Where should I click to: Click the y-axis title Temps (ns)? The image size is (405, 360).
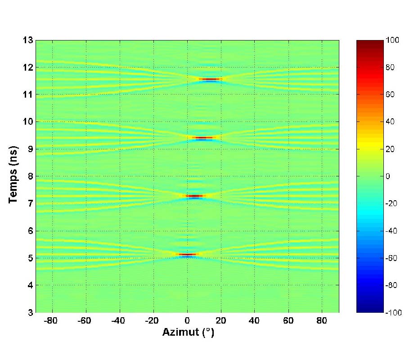tap(13, 176)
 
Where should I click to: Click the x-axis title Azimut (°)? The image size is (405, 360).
tap(187, 333)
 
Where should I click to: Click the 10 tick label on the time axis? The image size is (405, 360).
tap(27, 121)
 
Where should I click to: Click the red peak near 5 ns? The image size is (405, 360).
tap(188, 255)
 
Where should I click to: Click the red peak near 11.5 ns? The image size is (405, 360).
tap(210, 79)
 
